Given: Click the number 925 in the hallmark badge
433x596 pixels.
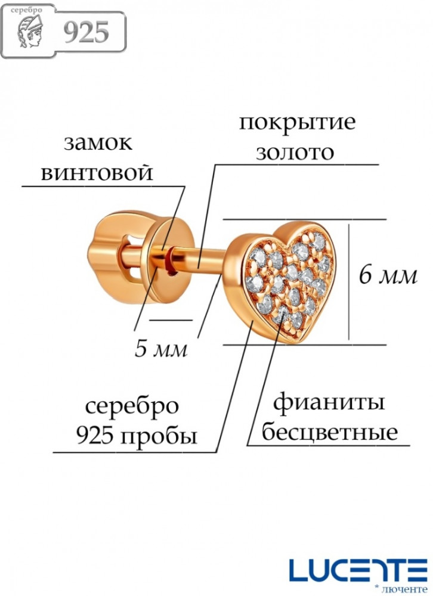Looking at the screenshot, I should pyautogui.click(x=86, y=33).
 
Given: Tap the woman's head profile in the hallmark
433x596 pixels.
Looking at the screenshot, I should pyautogui.click(x=33, y=33).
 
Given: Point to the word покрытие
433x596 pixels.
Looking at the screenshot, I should pyautogui.click(x=297, y=123).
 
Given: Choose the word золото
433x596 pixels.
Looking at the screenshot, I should pyautogui.click(x=294, y=152).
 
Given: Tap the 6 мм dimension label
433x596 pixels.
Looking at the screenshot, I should pyautogui.click(x=388, y=276).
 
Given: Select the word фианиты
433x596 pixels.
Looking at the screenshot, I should pyautogui.click(x=329, y=402).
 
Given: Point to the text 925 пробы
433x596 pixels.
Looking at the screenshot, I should pyautogui.click(x=137, y=437).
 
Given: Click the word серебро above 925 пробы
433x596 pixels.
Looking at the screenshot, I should pyautogui.click(x=132, y=407).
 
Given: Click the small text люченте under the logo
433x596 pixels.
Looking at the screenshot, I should pyautogui.click(x=412, y=589).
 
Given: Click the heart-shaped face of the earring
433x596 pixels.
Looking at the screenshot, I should pyautogui.click(x=288, y=277).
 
